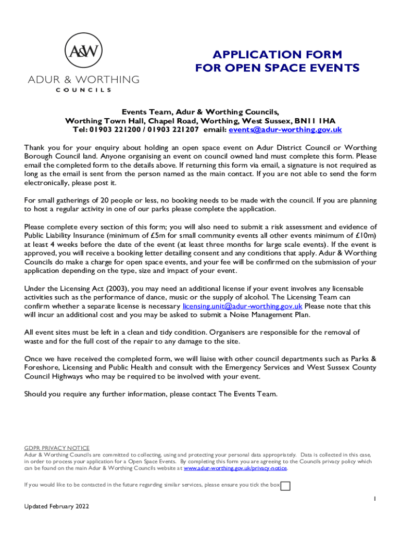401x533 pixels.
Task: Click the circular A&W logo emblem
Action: click(83, 51)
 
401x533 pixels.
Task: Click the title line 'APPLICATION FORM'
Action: click(277, 55)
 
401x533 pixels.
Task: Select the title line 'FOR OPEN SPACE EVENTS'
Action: click(277, 68)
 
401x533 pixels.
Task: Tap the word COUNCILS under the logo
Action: click(83, 90)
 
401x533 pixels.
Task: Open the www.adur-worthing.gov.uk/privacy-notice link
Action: click(235, 468)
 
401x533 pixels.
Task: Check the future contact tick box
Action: click(285, 486)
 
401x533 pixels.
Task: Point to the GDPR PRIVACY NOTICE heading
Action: click(57, 448)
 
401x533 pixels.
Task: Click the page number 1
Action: click(374, 499)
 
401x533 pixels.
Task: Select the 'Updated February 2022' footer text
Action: click(57, 506)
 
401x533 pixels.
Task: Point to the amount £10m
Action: click(362, 235)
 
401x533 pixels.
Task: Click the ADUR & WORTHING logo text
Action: click(83, 80)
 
